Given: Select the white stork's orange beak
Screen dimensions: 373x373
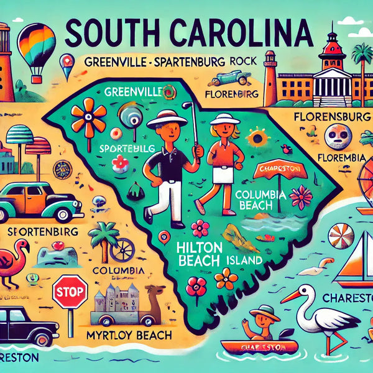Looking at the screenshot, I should (x=292, y=295).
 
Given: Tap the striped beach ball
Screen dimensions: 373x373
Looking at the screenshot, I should (x=341, y=237).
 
